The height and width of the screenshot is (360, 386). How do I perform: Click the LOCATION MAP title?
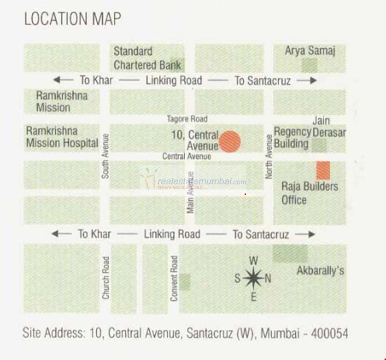pyautogui.click(x=72, y=19)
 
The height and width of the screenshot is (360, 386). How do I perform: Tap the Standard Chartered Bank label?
pyautogui.click(x=147, y=58)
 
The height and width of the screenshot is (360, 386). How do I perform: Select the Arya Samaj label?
pyautogui.click(x=310, y=51)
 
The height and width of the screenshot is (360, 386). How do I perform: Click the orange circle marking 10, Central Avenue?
pyautogui.click(x=230, y=141)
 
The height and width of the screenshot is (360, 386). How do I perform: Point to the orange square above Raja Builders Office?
pyautogui.click(x=323, y=171)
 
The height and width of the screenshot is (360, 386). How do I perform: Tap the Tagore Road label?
pyautogui.click(x=187, y=119)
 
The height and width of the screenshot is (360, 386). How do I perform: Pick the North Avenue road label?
pyautogui.click(x=269, y=156)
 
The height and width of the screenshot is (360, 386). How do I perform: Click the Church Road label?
pyautogui.click(x=106, y=277)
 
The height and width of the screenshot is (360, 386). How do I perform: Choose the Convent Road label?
pyautogui.click(x=174, y=278)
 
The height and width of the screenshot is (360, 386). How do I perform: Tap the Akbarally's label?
pyautogui.click(x=320, y=270)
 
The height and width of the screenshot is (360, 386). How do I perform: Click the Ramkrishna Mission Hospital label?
pyautogui.click(x=62, y=137)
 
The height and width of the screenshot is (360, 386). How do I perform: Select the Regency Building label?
pyautogui.click(x=292, y=138)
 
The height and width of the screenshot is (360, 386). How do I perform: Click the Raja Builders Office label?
pyautogui.click(x=309, y=193)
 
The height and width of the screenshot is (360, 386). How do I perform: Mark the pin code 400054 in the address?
pyautogui.click(x=330, y=333)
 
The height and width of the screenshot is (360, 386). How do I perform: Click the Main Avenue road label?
pyautogui.click(x=191, y=193)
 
